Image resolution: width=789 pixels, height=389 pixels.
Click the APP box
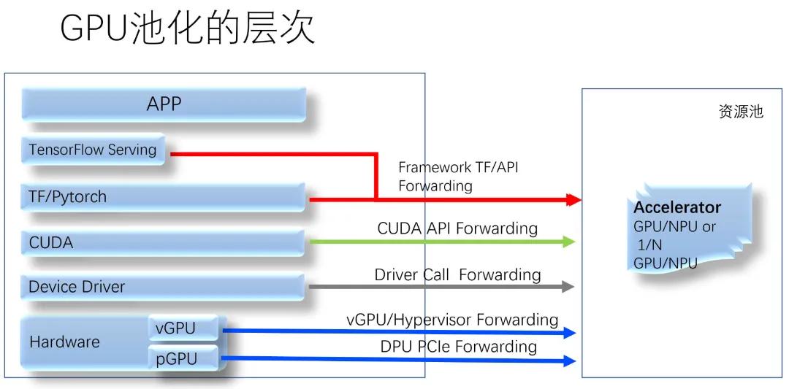click(164, 104)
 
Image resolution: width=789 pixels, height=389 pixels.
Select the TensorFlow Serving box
click(93, 150)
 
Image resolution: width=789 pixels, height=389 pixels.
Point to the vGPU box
click(183, 328)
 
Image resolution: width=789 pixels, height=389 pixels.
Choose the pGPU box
click(183, 358)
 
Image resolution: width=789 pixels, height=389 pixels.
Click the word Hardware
click(64, 342)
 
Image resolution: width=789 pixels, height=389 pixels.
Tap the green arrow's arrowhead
click(569, 242)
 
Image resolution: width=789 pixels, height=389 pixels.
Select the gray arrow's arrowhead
click(568, 287)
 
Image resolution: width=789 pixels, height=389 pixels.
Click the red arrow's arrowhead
click(573, 199)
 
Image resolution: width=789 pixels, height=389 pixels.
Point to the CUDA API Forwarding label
click(457, 228)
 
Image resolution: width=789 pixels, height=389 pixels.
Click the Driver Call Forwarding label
click(457, 275)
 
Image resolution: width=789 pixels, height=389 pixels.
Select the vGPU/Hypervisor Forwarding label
click(452, 320)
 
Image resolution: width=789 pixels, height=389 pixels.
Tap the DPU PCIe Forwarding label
click(458, 347)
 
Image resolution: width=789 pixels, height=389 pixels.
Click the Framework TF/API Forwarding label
click(458, 177)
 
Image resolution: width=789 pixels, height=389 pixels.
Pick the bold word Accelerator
click(677, 208)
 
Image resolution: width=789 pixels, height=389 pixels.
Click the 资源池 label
click(741, 112)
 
